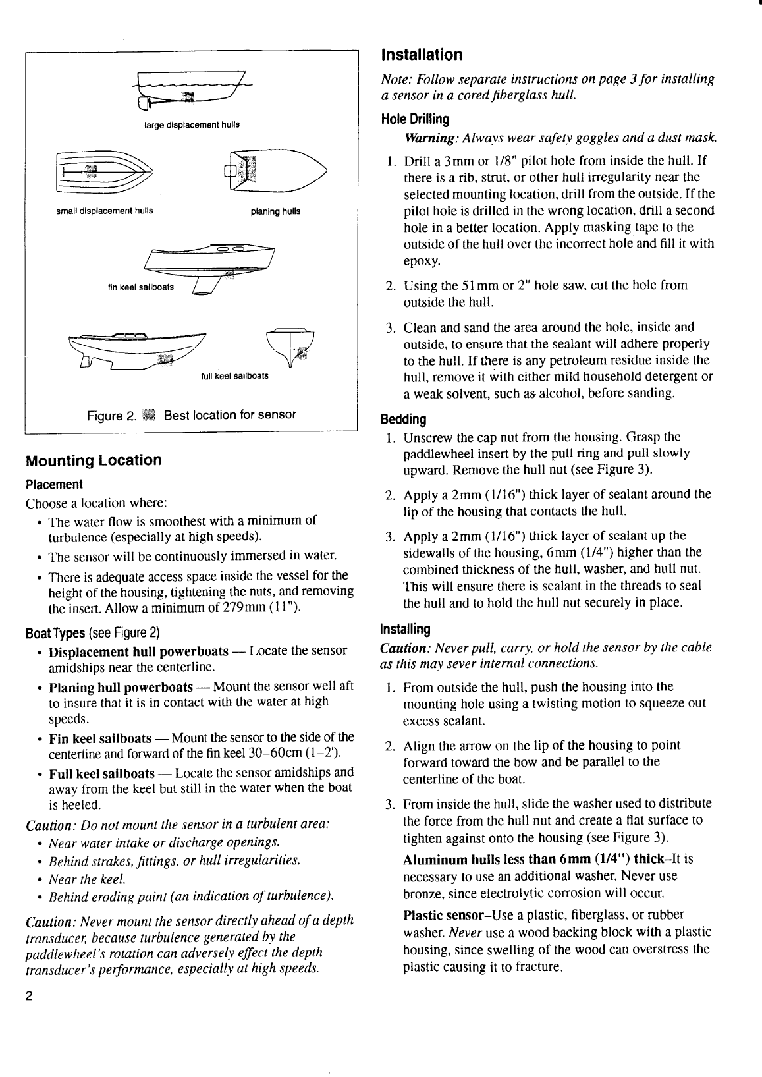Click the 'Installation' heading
coord(422,55)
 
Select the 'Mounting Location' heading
coord(93,460)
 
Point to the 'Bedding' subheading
coord(404,420)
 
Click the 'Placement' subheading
coord(54,485)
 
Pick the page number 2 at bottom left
coord(29,995)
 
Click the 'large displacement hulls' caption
coord(192,124)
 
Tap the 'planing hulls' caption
coord(275,211)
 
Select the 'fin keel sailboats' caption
coord(140,287)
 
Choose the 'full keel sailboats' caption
coord(234,377)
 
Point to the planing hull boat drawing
coord(275,171)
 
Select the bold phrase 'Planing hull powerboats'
coord(121,687)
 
